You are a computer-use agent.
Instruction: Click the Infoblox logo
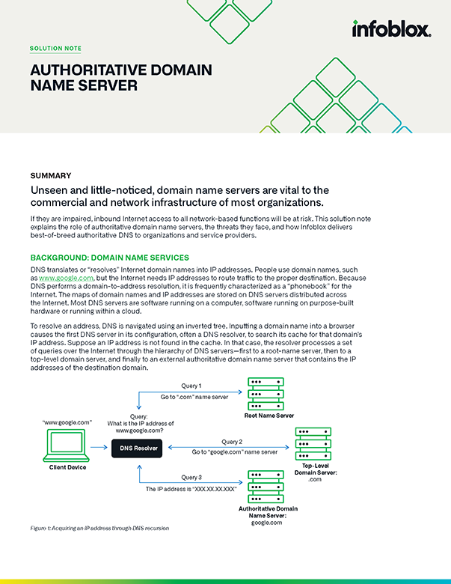tap(391, 30)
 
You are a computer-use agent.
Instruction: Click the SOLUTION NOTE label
tap(56, 49)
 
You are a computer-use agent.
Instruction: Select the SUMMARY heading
tap(51, 175)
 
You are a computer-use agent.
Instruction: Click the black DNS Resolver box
tap(138, 449)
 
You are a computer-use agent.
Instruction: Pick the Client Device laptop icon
tap(67, 445)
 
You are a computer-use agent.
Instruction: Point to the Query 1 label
tap(191, 386)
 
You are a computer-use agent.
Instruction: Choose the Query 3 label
tap(191, 477)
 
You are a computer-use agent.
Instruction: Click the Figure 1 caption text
tap(99, 529)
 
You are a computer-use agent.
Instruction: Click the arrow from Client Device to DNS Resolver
tap(100, 449)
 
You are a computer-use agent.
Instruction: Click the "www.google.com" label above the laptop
tap(68, 422)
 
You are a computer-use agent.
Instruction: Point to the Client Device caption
tap(67, 467)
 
